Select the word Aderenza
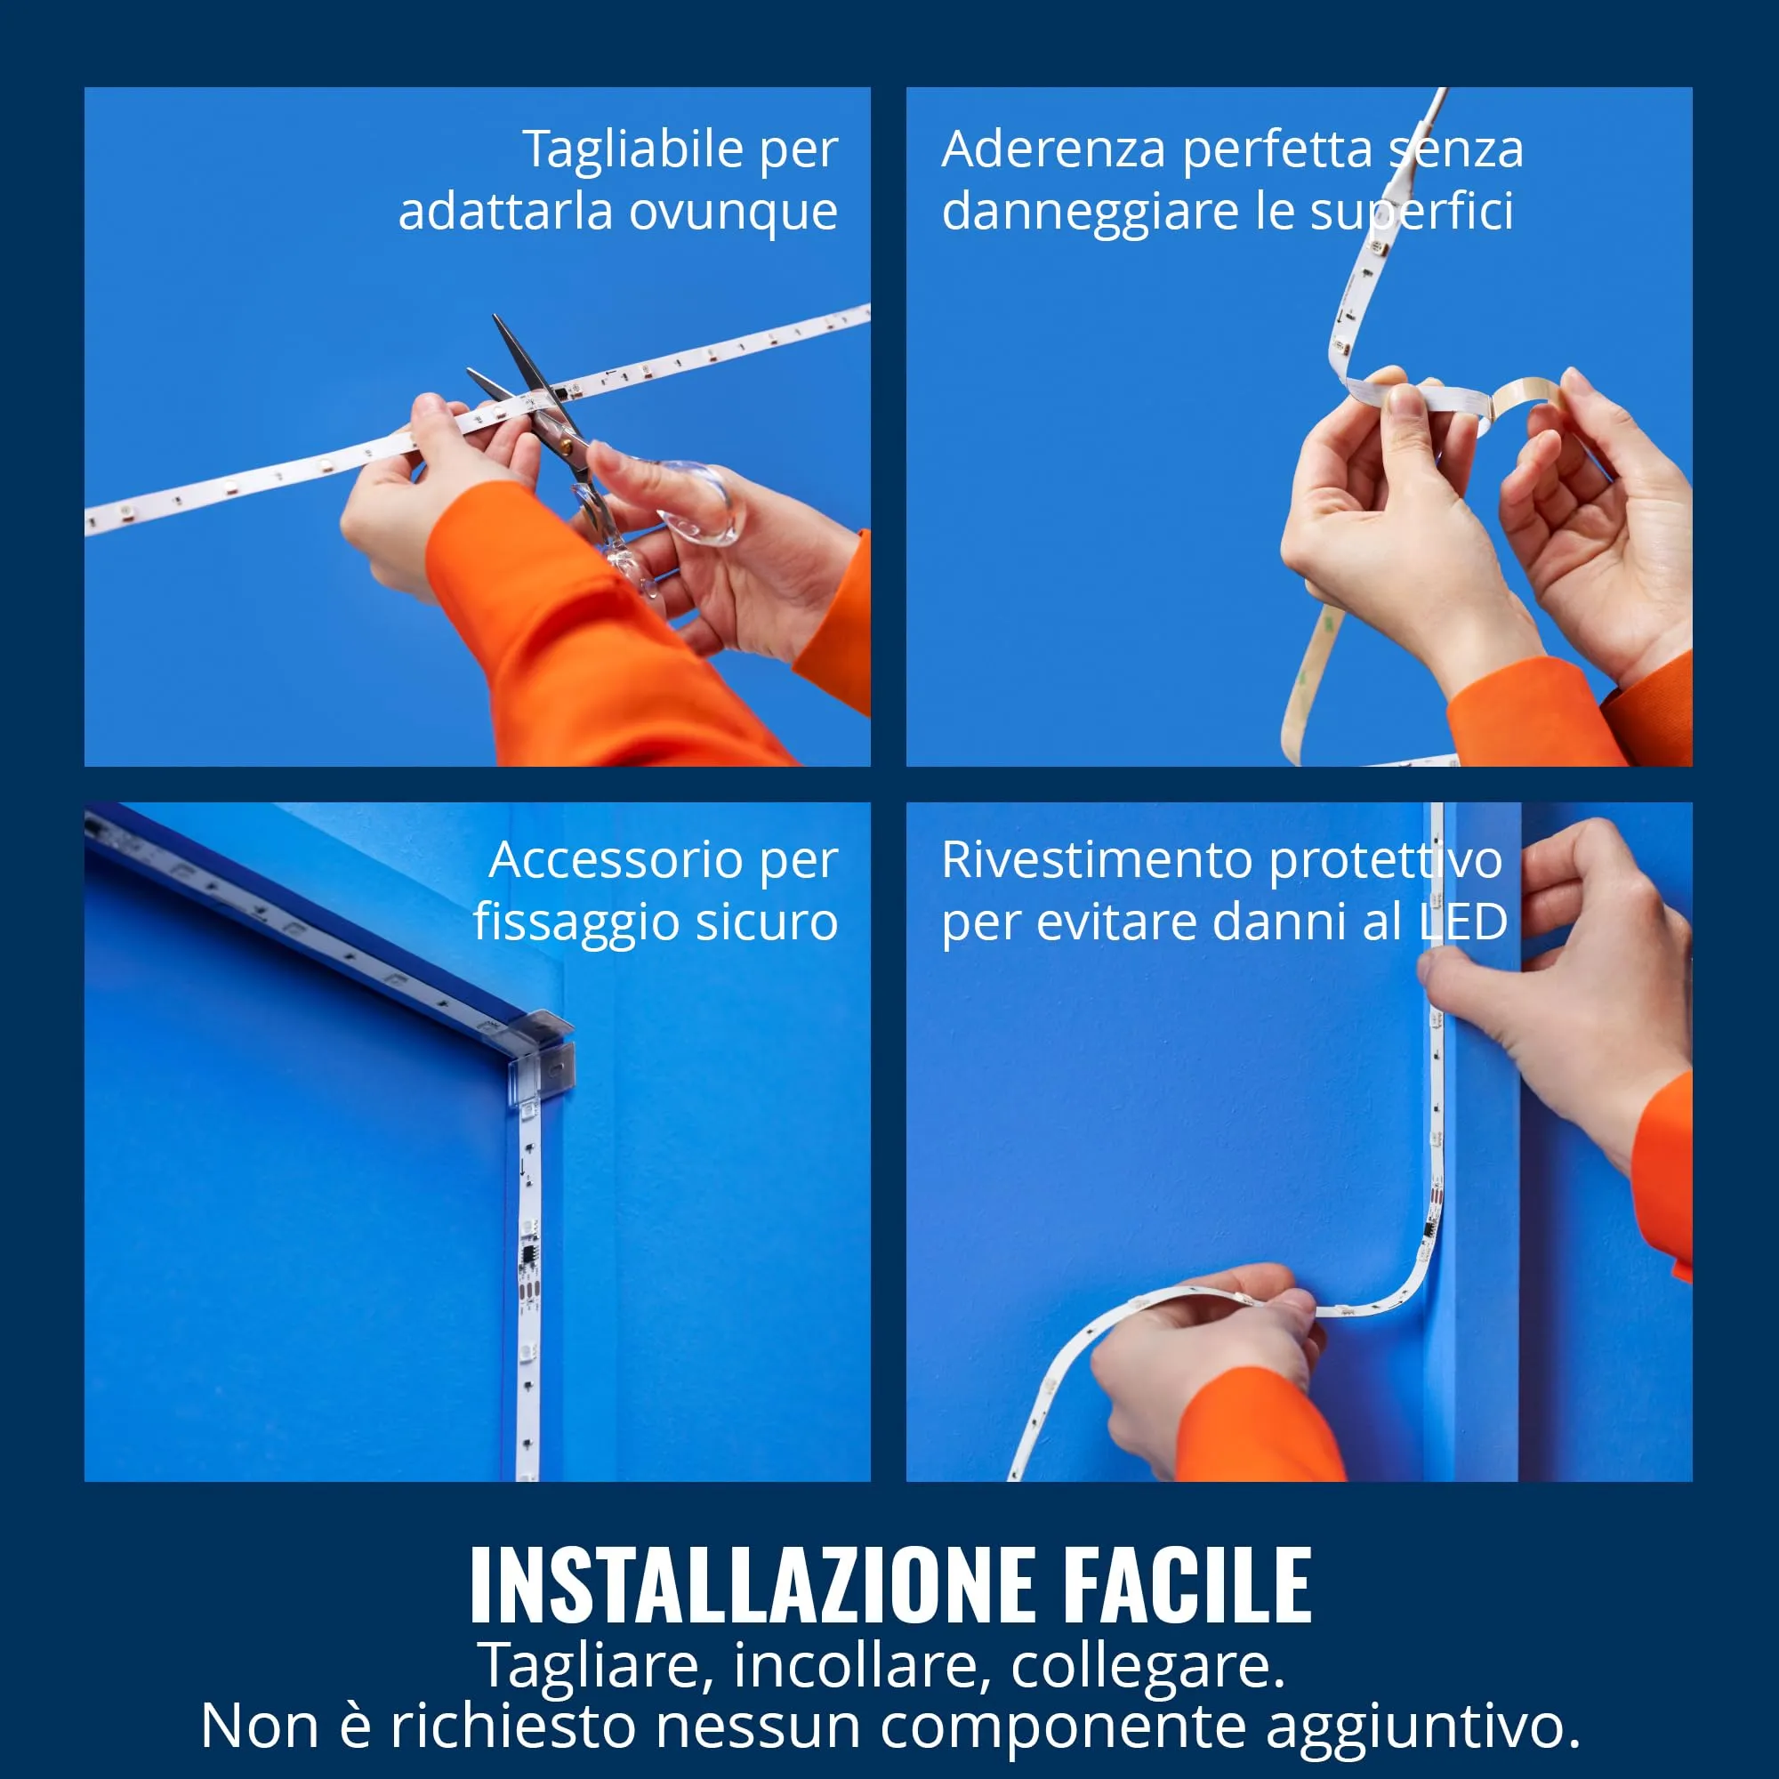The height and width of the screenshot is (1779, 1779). [1053, 149]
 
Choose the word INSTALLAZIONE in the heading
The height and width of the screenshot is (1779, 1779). [754, 1583]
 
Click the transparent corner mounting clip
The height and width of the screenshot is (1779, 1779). [542, 1049]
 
